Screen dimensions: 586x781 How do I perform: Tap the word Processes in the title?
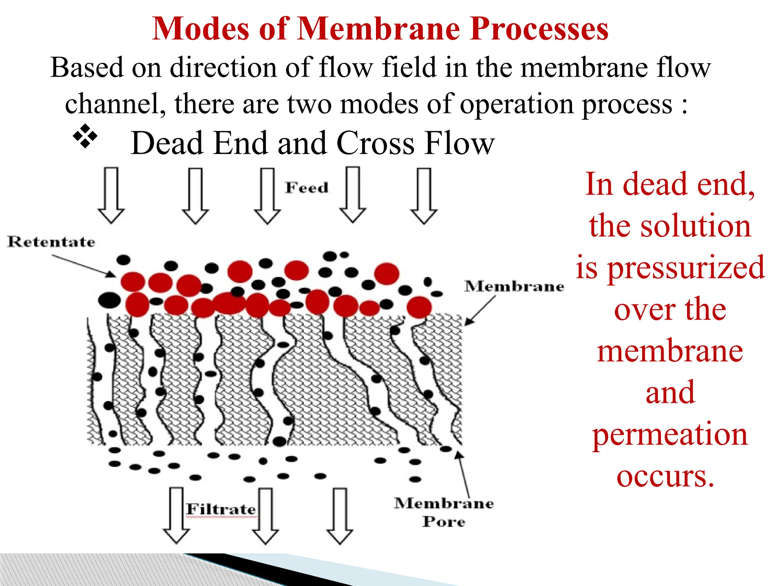click(539, 30)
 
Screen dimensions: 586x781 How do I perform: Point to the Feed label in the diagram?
click(307, 188)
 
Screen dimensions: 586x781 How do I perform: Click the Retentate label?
click(51, 241)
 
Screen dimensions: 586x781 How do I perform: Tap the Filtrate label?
click(221, 509)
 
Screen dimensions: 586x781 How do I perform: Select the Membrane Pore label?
click(444, 512)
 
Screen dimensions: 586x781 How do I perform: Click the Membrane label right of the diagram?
click(514, 286)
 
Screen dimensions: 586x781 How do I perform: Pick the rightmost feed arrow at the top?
click(424, 195)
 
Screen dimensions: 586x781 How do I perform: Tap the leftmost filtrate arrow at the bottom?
click(176, 515)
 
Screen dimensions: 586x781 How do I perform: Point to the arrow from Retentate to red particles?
click(84, 266)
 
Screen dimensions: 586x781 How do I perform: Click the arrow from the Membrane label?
click(480, 311)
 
